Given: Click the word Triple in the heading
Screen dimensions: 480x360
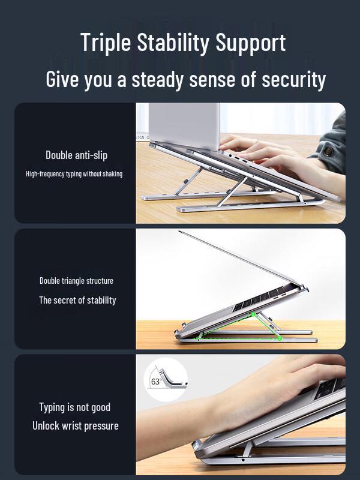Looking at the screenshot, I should pos(105,43).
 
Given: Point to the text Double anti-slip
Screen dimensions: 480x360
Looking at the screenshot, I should pos(76,155).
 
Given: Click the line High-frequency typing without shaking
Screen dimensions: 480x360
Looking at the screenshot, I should pos(74,174).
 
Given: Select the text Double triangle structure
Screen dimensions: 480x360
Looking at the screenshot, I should pos(76,281).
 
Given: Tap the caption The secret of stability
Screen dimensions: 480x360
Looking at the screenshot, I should pos(77,300).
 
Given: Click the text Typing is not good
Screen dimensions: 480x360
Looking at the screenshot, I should pos(75,407).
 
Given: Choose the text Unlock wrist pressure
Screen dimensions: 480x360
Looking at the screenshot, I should pos(76,426).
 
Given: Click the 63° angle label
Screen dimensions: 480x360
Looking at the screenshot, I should pos(156,382).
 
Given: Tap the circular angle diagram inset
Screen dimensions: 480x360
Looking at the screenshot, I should pos(166,379).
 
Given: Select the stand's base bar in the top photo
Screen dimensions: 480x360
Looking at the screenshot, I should pos(240,208).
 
